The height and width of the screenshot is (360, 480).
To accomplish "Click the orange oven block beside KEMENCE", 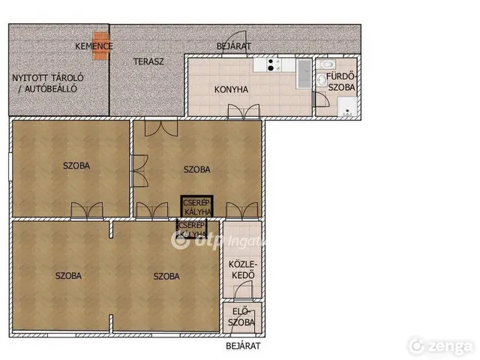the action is (x=100, y=46).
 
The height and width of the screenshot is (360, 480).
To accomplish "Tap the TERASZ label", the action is (x=148, y=61).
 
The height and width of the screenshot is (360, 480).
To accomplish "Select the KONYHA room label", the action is (x=231, y=90).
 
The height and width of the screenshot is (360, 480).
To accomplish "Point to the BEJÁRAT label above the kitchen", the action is (x=233, y=46).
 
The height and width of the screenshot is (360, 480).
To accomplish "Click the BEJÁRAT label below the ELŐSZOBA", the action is (x=243, y=346).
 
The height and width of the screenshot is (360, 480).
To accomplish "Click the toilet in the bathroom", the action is (x=326, y=64).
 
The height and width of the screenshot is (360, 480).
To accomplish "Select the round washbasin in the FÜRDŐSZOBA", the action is (x=321, y=80).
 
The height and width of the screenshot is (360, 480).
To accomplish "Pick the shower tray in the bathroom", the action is (x=347, y=106).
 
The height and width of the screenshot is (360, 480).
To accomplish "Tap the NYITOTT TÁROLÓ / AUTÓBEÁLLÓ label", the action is (x=48, y=83).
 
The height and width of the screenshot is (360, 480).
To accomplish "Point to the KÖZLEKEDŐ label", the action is (x=243, y=270).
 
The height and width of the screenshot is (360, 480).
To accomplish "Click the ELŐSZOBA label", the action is (x=241, y=317).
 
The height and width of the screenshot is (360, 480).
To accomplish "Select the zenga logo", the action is (x=442, y=346).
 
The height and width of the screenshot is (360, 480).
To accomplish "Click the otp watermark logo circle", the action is (x=180, y=241).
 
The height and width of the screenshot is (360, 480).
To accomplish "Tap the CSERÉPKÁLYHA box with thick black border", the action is (x=196, y=206).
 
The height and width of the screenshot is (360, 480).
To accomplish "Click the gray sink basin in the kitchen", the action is (x=304, y=74).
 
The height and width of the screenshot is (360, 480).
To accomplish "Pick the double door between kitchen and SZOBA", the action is (x=244, y=111).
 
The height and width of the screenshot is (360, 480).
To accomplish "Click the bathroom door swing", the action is (x=322, y=99).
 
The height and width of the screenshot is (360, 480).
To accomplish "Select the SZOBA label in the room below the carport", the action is (x=76, y=166).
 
